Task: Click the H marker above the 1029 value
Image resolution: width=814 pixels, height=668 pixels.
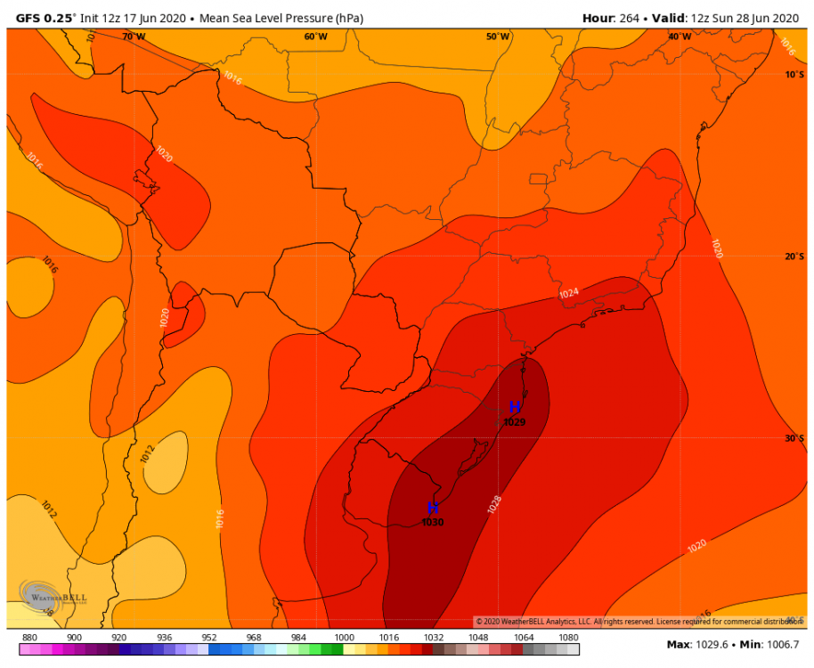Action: [515, 407]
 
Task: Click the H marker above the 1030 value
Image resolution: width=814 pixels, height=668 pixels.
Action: [433, 508]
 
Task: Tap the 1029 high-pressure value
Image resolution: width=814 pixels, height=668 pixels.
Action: [515, 421]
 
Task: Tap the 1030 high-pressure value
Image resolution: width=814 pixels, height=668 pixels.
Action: [433, 522]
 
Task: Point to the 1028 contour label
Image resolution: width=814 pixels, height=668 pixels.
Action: [495, 505]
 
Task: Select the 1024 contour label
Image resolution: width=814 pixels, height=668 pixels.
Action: [569, 293]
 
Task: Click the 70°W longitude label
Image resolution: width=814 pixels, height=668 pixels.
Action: [134, 37]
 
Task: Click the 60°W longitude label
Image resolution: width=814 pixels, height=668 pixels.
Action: [315, 37]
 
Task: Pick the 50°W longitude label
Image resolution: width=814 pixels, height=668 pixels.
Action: [498, 37]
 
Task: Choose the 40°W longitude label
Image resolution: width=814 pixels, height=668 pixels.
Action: [680, 37]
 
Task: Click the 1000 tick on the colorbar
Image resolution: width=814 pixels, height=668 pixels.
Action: [344, 638]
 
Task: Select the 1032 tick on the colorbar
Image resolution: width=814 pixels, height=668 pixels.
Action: [434, 638]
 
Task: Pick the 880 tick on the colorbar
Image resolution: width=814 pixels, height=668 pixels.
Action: [28, 638]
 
